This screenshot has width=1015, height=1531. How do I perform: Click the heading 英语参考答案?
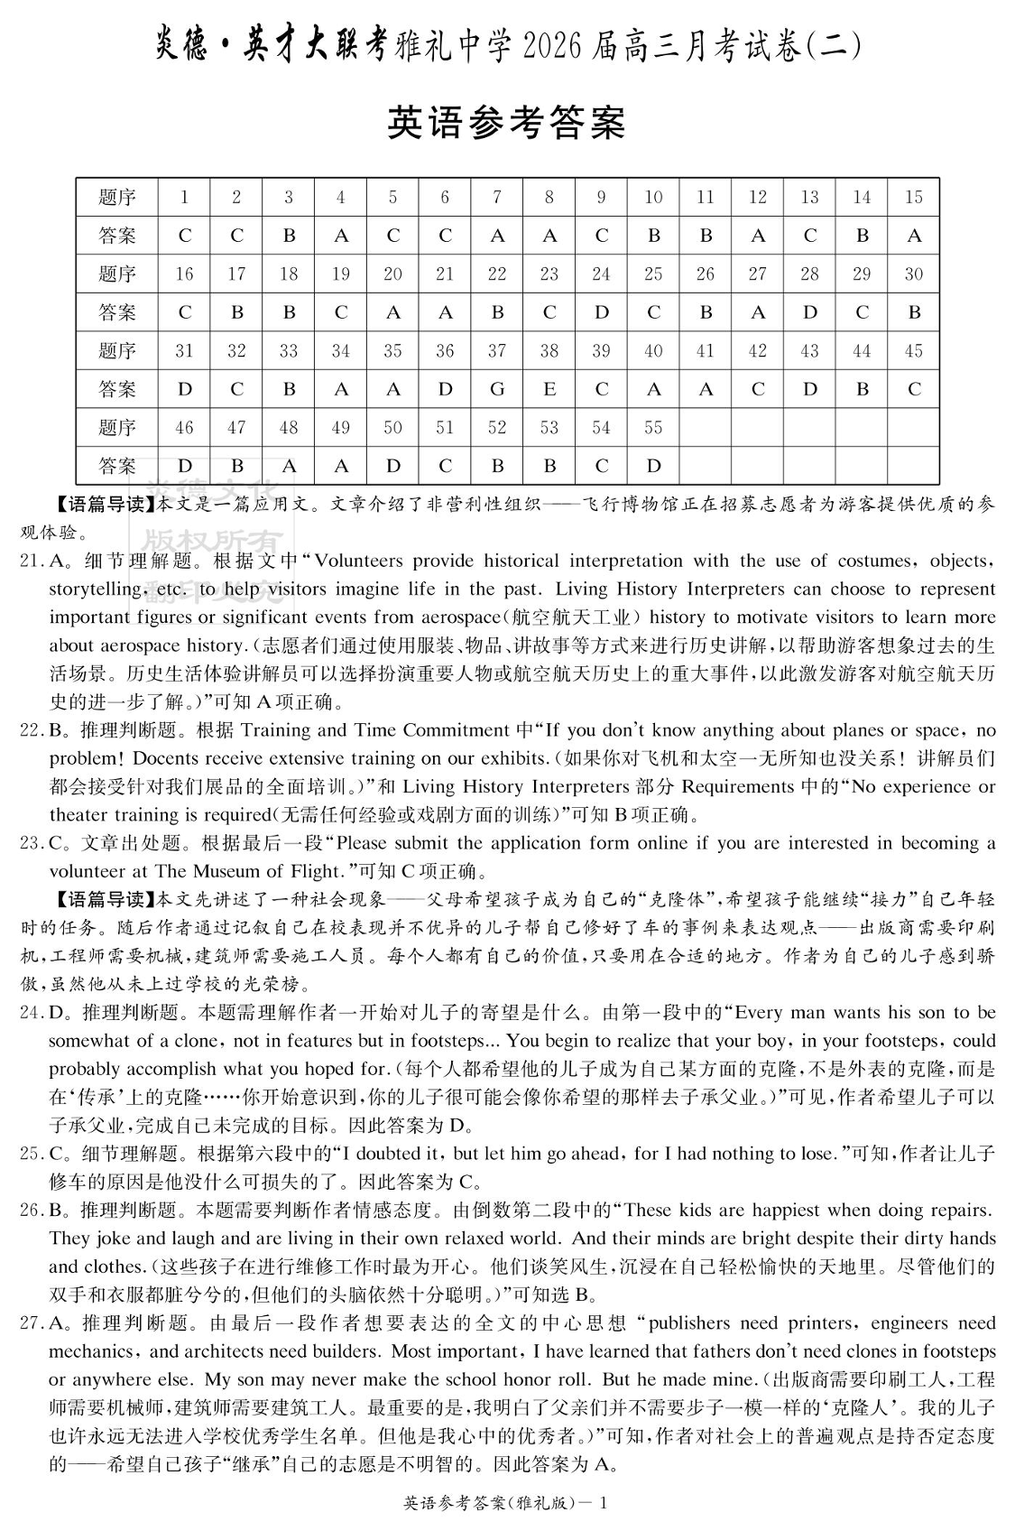point(506,123)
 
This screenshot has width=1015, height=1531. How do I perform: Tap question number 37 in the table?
point(497,350)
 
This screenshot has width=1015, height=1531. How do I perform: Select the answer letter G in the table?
point(497,389)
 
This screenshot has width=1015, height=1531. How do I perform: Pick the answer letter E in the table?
point(549,389)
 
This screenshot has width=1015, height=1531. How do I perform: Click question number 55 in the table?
point(653,427)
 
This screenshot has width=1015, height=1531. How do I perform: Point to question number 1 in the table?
point(185,197)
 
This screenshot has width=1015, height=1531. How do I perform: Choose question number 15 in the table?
point(913,197)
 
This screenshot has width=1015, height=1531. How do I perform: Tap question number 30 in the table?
point(913,274)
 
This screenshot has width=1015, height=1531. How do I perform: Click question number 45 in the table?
point(913,350)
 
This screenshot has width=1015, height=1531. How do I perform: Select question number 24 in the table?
point(601,274)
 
